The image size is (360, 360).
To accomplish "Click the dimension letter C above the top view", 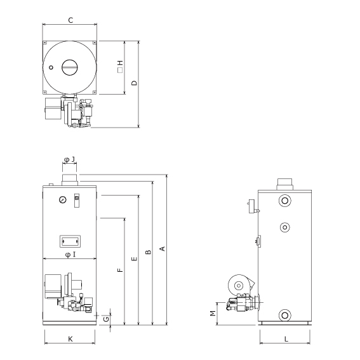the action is [x=70, y=20].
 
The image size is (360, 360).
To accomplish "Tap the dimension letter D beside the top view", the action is [x=135, y=83].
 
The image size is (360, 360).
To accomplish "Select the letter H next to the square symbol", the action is [x=120, y=63].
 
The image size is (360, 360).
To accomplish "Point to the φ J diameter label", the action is [x=70, y=159].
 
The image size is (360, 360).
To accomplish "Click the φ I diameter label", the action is [x=70, y=255].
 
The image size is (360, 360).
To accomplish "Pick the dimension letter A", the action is [x=163, y=249].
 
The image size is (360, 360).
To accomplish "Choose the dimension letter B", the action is [x=149, y=252].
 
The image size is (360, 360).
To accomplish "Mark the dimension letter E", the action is [x=135, y=259].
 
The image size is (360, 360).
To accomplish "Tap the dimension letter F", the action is [x=120, y=270].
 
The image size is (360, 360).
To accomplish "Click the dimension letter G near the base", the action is [x=106, y=319].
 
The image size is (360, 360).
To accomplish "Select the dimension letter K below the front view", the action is [x=70, y=339].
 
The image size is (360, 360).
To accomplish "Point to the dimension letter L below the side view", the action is [x=286, y=339].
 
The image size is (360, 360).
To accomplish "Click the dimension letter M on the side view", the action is [x=213, y=313].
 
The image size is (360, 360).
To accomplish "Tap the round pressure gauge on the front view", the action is [x=62, y=200].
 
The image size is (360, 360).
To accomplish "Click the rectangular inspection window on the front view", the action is [x=70, y=241].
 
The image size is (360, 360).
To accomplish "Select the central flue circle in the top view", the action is [x=70, y=67].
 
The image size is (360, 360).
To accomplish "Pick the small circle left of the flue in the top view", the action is [x=51, y=67].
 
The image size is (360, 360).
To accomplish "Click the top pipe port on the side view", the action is [x=284, y=201].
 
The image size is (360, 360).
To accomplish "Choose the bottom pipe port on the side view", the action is [x=284, y=315].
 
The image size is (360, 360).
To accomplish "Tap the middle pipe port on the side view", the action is [x=285, y=227].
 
